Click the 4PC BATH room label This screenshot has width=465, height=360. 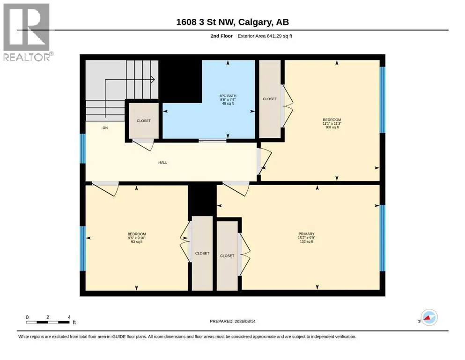[228, 96]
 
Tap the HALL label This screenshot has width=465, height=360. [162, 163]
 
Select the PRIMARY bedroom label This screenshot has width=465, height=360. [306, 234]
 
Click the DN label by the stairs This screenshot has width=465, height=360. [105, 128]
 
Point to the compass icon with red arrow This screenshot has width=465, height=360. [429, 317]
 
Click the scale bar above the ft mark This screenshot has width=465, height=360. [48, 322]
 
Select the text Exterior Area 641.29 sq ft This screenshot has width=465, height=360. [265, 36]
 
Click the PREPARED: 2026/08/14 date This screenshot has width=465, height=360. [232, 321]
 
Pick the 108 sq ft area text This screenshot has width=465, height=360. [332, 127]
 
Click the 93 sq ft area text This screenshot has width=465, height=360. [137, 241]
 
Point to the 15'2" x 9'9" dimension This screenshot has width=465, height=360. [306, 238]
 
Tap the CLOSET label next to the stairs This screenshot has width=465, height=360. [144, 121]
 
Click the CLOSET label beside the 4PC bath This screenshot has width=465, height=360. [270, 99]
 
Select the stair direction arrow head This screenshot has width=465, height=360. [153, 79]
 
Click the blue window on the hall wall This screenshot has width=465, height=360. [83, 149]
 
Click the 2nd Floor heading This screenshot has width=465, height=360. [221, 36]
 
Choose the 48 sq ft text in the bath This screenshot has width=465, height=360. [228, 104]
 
